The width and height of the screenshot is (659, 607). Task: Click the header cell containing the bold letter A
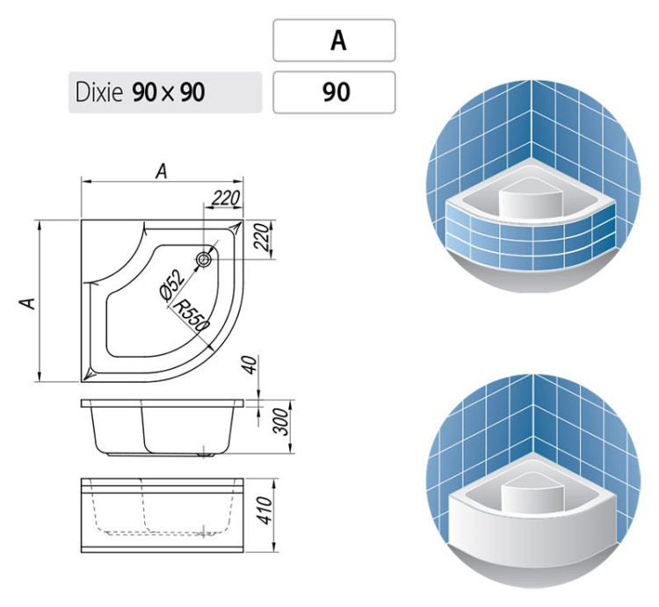pos(334,40)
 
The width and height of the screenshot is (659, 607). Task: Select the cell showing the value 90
pos(334,92)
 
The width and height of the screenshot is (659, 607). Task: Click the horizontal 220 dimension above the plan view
pos(225,199)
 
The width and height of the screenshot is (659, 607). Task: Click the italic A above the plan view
pos(161,172)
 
